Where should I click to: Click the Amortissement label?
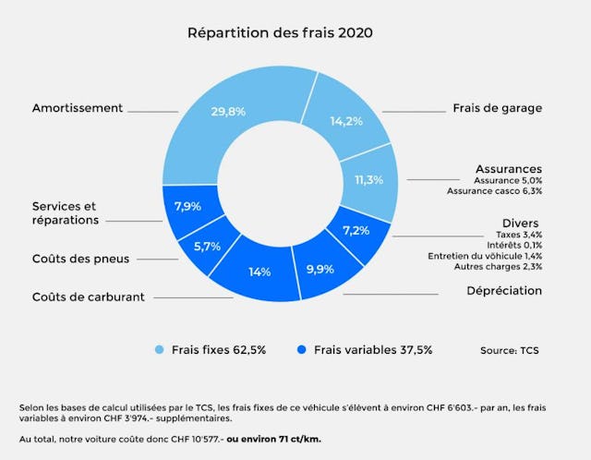pos(78,108)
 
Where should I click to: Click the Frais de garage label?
pos(497,108)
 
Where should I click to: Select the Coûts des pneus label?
pos(80,259)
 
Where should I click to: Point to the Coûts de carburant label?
pos(89,297)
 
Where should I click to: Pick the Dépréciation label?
pos(504,291)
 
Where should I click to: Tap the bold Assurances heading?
pos(508,169)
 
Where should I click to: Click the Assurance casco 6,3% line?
pos(494,191)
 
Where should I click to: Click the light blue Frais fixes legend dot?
pos(158,350)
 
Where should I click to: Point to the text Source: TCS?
pos(510,350)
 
